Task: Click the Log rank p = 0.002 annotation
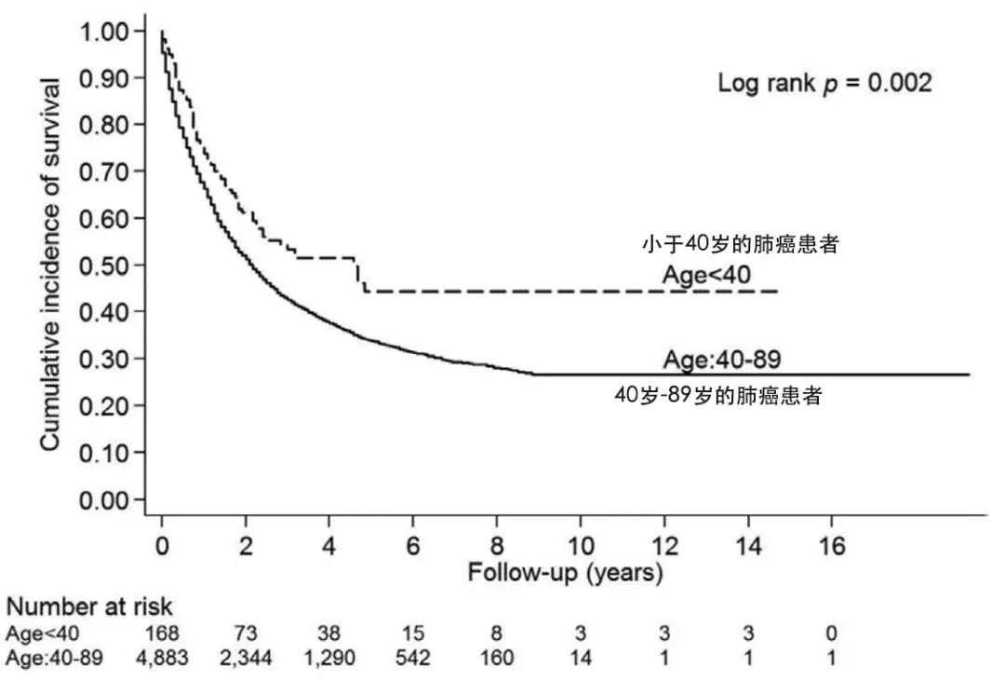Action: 824,83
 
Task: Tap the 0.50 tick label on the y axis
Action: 105,266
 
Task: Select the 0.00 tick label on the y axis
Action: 105,500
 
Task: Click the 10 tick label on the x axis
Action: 580,546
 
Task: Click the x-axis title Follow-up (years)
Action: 565,572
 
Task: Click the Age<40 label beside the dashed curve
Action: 706,274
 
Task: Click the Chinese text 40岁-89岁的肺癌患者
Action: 717,394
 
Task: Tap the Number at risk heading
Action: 89,607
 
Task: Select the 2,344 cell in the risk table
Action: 246,658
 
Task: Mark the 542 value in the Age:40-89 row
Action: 412,658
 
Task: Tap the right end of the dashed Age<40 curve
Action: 776,292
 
